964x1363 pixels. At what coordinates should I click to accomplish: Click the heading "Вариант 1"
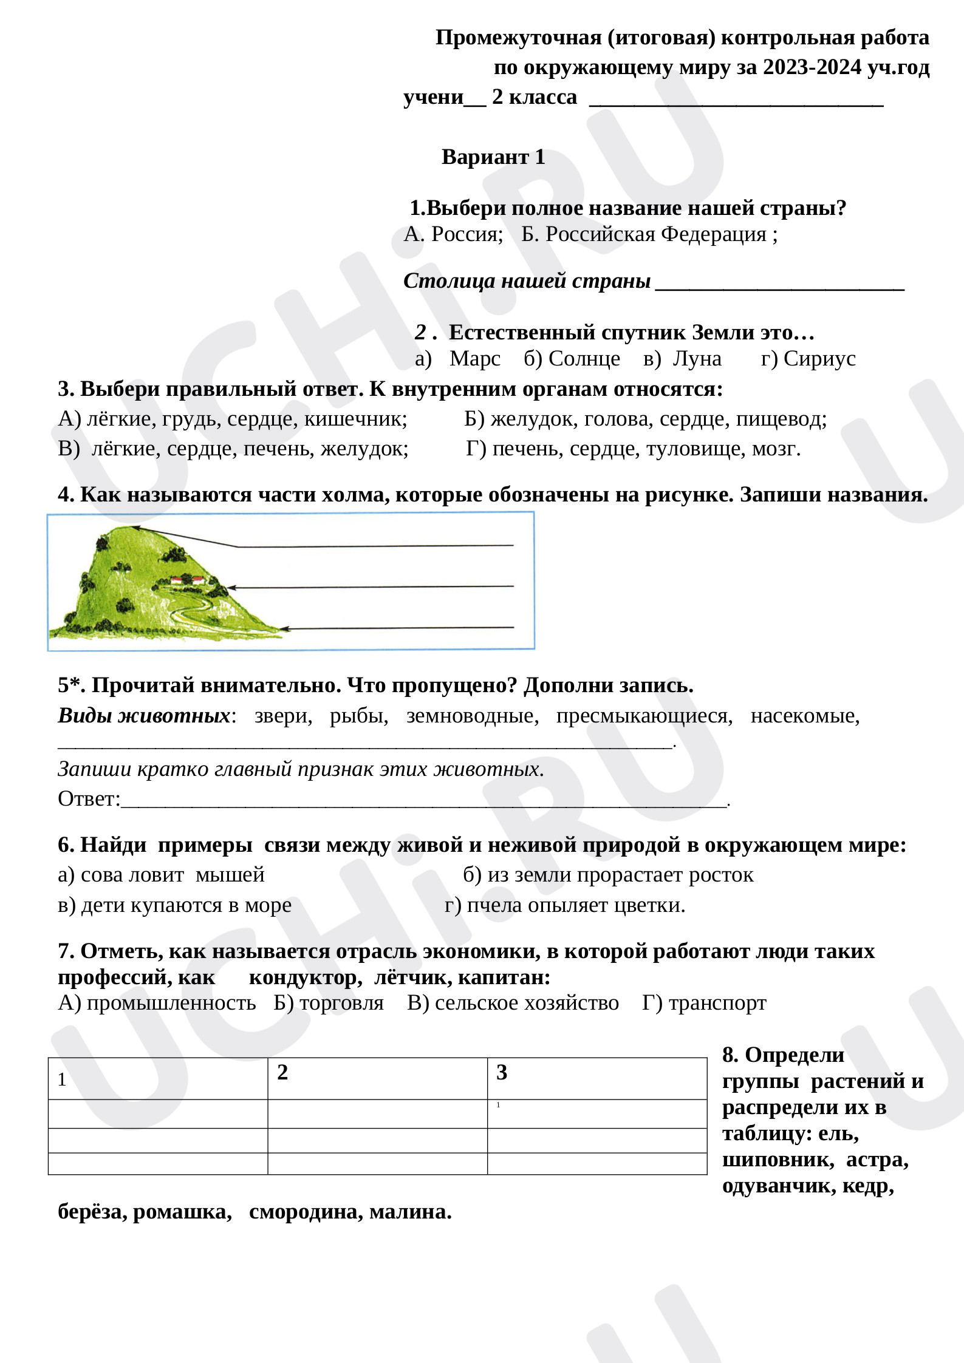[493, 157]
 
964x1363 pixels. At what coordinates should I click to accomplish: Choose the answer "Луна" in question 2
[697, 359]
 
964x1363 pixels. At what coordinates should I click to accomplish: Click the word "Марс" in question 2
[474, 359]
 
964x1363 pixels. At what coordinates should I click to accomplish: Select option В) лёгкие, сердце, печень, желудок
[233, 449]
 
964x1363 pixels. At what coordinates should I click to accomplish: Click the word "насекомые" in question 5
[805, 716]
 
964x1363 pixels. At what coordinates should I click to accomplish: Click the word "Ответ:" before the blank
[89, 799]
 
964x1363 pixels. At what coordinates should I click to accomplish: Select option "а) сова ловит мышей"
[161, 875]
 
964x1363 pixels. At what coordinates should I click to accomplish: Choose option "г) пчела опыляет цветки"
[565, 905]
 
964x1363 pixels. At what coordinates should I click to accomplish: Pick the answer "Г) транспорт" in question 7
[704, 1003]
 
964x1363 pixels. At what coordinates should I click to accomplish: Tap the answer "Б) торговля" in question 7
[329, 1003]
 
